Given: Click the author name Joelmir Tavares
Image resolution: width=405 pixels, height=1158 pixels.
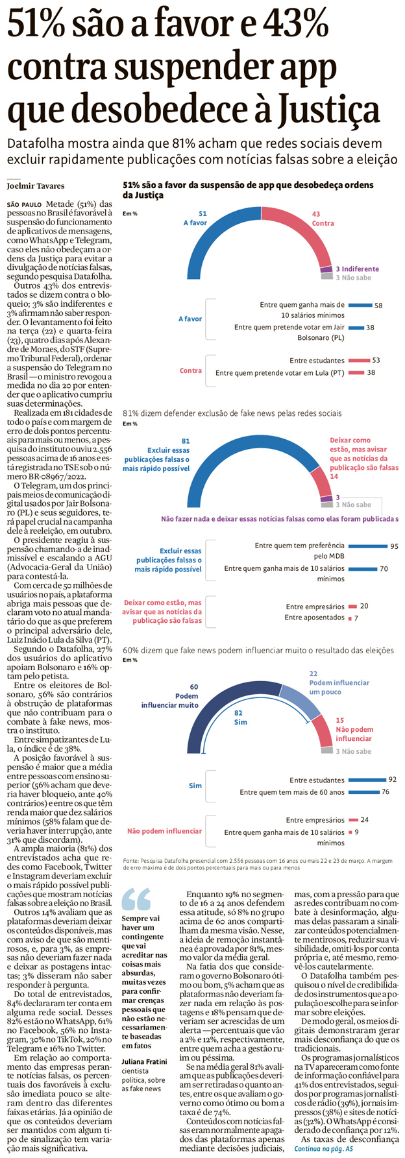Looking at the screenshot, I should [35, 186].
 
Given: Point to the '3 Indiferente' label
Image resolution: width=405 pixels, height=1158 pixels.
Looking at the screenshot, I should [357, 269].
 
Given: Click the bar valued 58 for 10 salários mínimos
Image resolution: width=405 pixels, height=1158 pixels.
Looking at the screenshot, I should [360, 305].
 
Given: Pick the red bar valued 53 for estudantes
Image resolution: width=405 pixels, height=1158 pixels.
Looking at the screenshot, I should [358, 360].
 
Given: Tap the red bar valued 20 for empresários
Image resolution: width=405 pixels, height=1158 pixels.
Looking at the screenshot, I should [352, 606].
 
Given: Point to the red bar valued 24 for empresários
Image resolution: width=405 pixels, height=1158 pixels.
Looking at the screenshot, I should [353, 820].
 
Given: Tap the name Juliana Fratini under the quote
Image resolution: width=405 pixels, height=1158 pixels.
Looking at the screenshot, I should [144, 1061].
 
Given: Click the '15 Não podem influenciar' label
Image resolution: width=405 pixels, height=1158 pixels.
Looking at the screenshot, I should [354, 729].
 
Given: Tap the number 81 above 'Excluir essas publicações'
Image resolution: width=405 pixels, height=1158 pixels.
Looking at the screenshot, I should [186, 441].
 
